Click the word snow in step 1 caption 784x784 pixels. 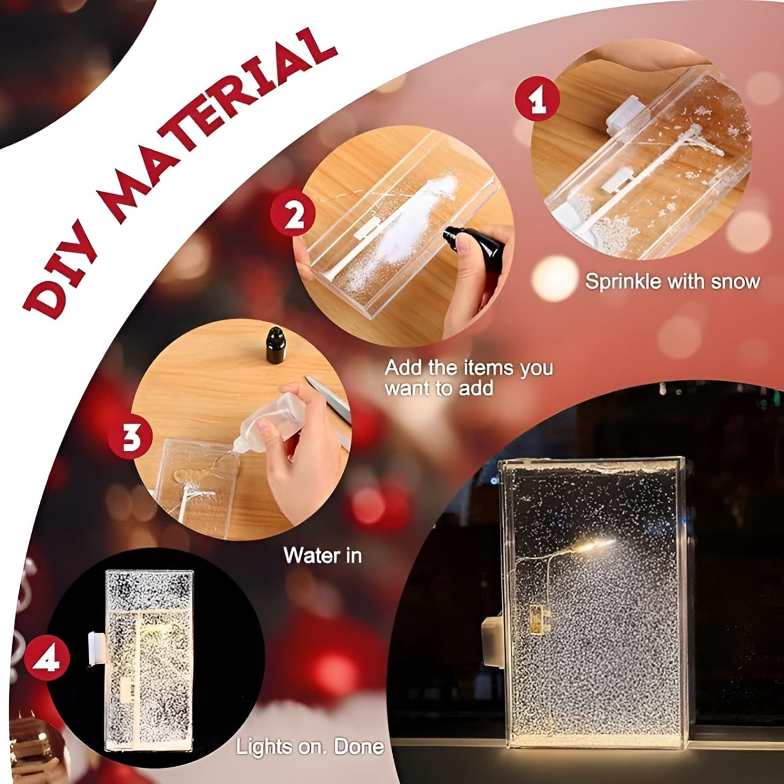click(735, 282)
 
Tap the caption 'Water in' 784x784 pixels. click(322, 556)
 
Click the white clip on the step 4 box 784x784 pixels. click(95, 649)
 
